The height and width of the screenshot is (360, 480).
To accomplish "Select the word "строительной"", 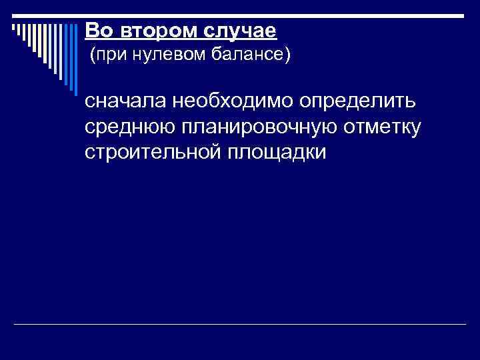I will coord(151,151).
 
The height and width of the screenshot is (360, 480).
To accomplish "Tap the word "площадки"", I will coord(277,151).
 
